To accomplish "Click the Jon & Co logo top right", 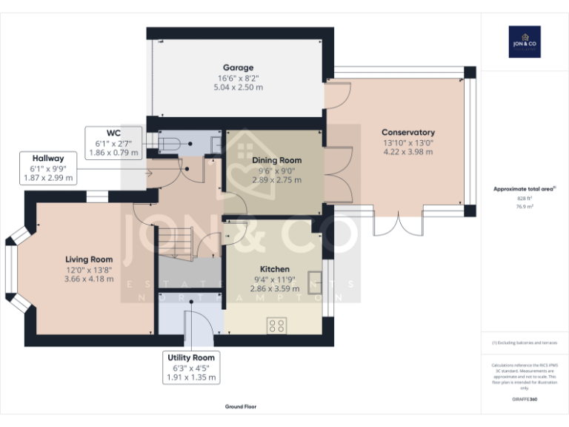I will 525,42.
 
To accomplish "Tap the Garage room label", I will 239,67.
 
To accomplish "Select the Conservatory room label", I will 408,133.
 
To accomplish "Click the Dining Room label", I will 276,160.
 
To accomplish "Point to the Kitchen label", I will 274,269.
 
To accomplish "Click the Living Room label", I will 89,259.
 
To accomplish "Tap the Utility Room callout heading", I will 191,358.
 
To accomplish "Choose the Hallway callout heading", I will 47,158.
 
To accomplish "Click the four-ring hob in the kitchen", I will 277,325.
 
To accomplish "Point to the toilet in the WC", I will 169,143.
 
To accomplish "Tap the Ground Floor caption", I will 241,407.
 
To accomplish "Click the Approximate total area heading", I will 524,189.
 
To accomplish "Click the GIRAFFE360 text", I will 524,400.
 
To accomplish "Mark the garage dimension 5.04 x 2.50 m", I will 239,87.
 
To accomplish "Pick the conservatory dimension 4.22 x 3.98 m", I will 408,152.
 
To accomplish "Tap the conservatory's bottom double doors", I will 397,224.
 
